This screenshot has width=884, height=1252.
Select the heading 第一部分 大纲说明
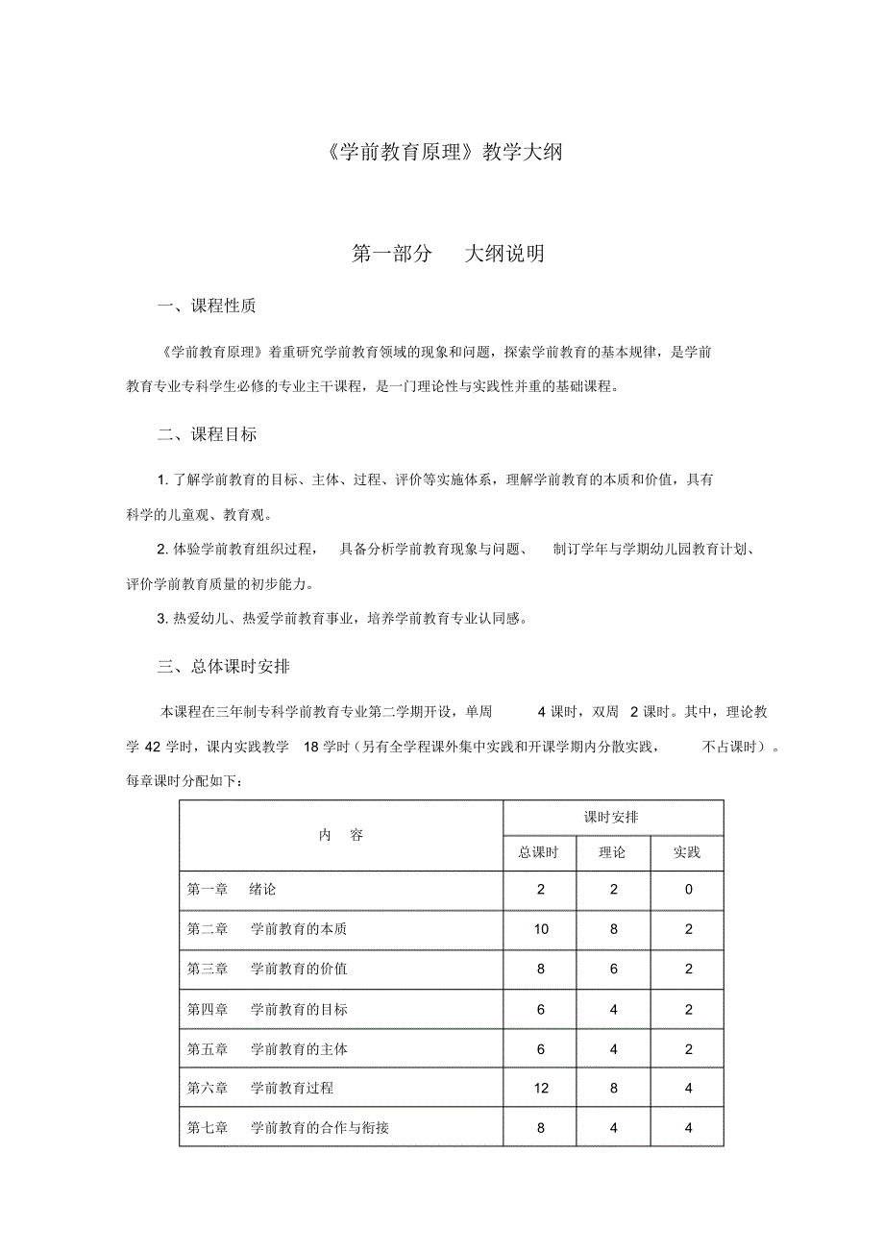[449, 254]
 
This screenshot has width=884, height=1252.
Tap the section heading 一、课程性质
[207, 307]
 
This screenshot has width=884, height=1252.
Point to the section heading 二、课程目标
[207, 434]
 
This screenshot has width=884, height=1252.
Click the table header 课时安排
[612, 817]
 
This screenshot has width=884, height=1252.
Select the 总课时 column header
[540, 852]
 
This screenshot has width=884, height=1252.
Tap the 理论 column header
[613, 852]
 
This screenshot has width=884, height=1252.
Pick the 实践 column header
[687, 852]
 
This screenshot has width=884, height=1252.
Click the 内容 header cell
[341, 835]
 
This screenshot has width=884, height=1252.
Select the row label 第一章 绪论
[232, 890]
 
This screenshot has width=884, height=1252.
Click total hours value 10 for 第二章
[540, 929]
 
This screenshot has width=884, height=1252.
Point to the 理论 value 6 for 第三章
[613, 970]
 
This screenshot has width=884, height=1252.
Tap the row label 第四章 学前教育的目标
[267, 1009]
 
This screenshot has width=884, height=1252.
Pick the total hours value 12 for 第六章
[540, 1089]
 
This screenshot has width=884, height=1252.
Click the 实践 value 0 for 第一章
[688, 890]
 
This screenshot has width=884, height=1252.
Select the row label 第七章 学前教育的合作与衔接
[288, 1128]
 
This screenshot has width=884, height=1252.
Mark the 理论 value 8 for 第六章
[613, 1089]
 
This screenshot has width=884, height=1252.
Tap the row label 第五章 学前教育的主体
[267, 1049]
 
